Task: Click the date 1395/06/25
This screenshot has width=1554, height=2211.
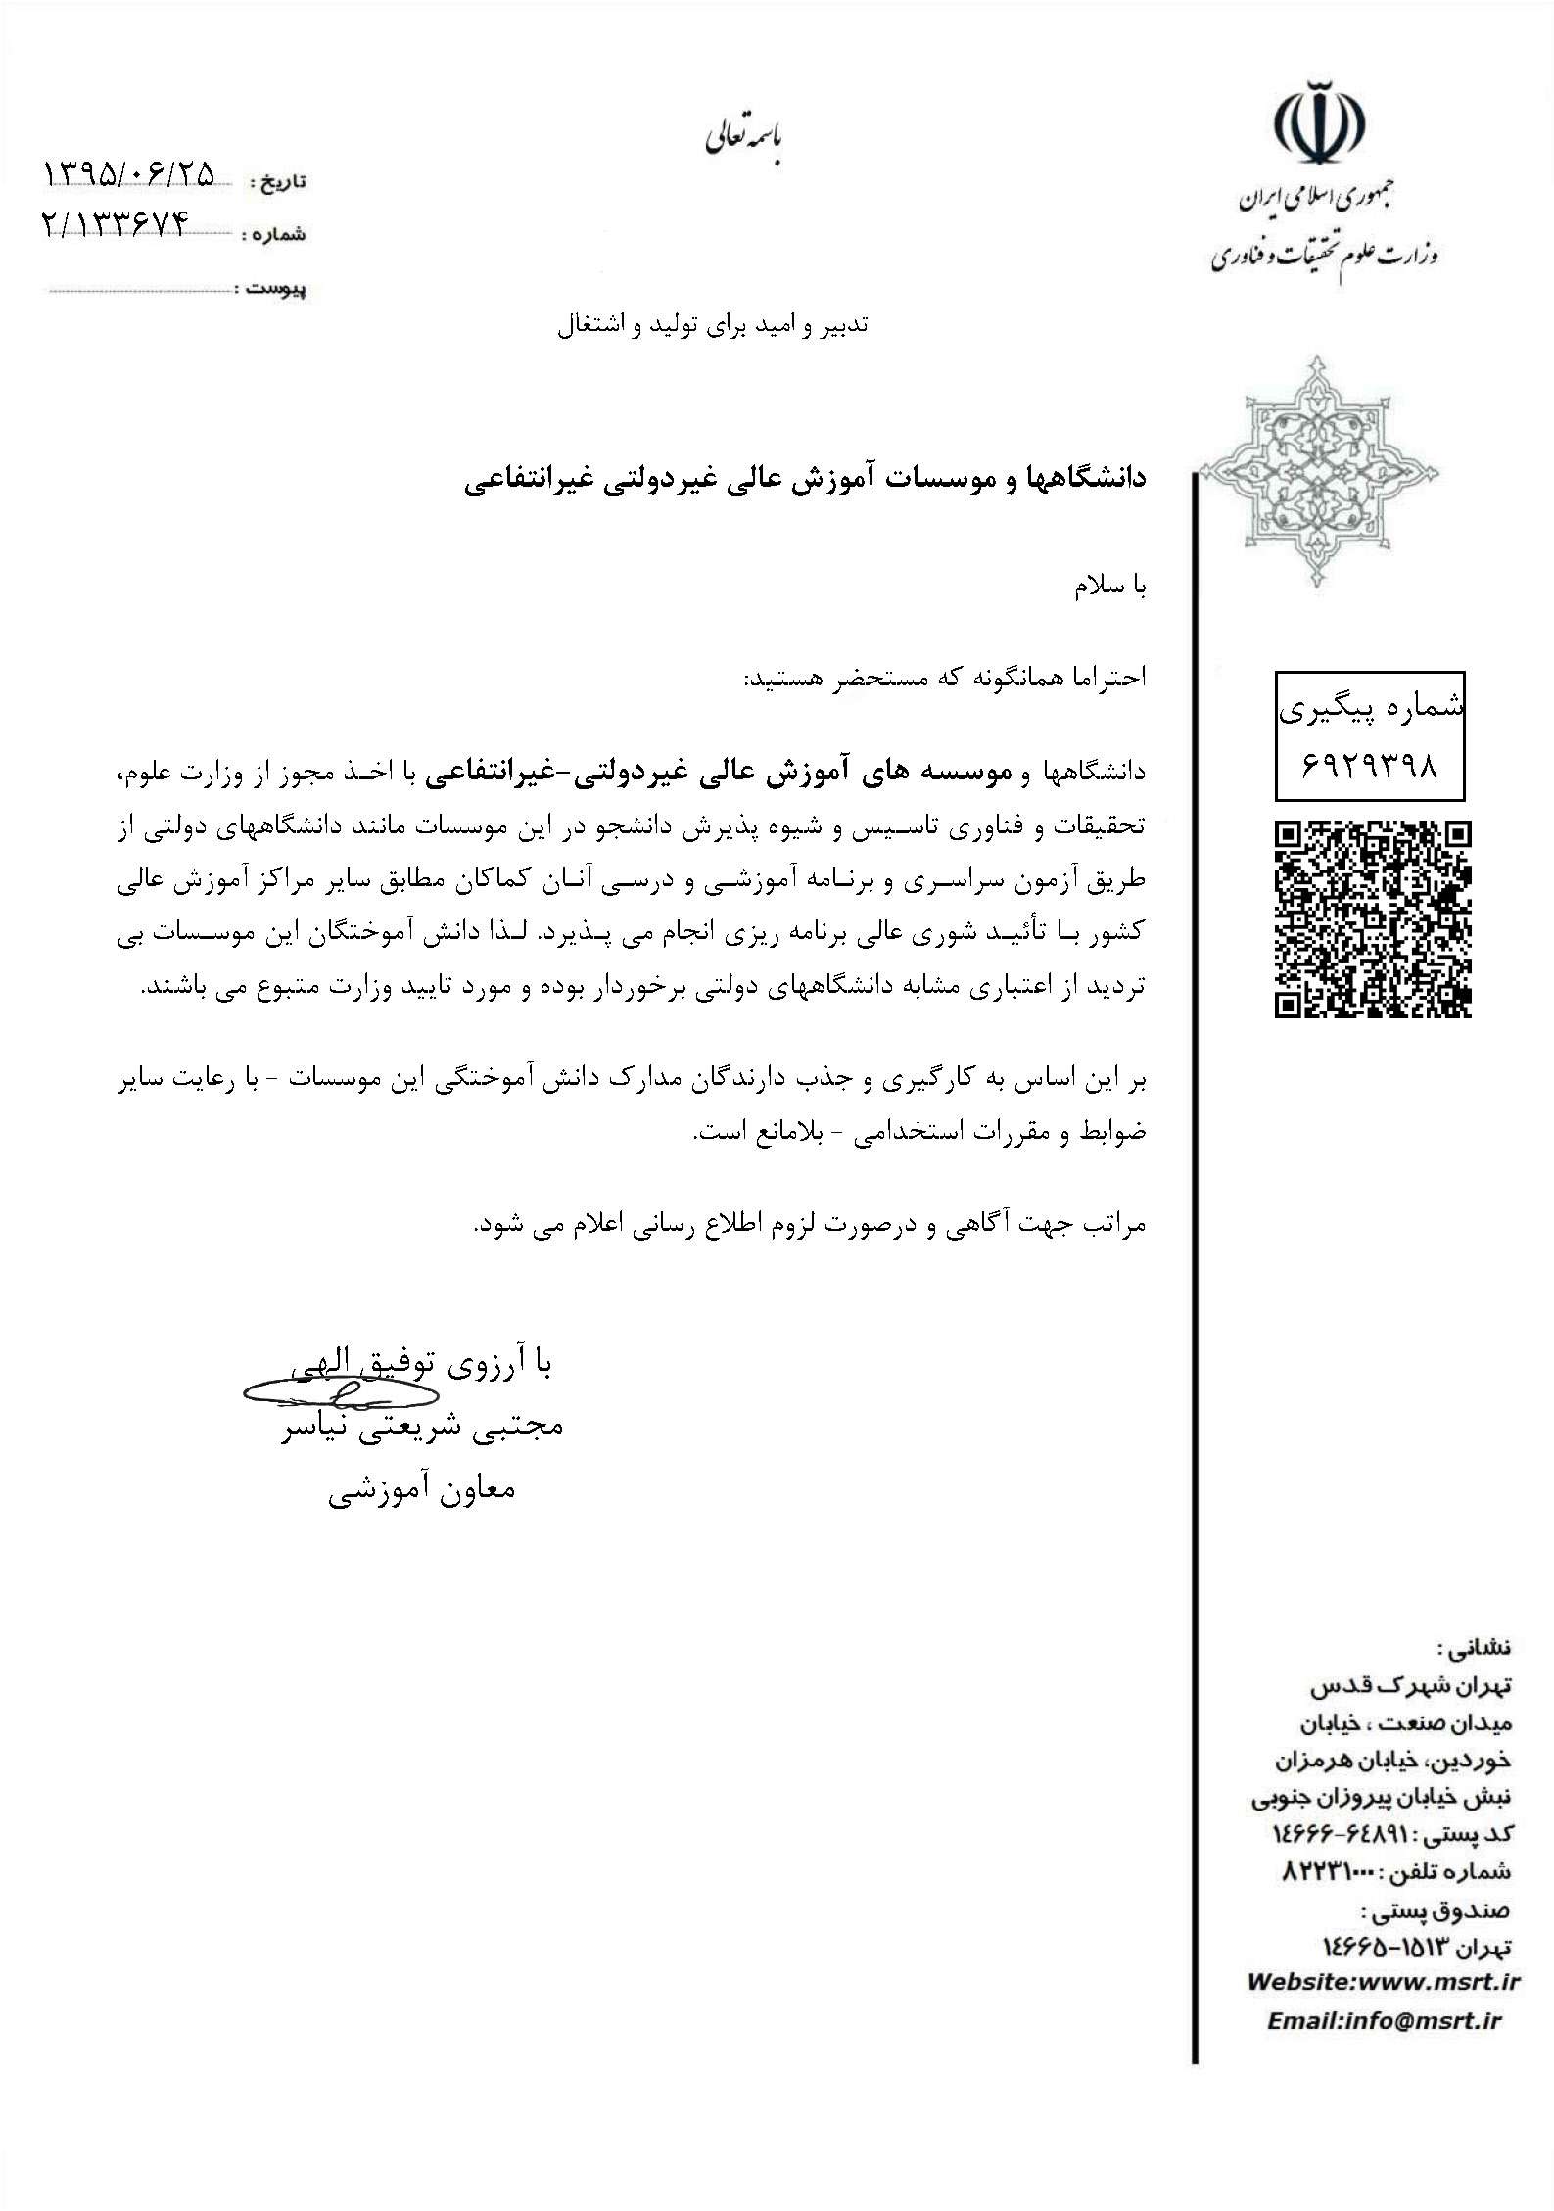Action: point(129,174)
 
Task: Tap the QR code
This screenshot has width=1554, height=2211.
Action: point(1373,919)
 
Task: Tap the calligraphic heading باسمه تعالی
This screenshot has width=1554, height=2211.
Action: point(745,139)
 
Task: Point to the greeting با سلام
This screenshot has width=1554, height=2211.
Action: point(1110,588)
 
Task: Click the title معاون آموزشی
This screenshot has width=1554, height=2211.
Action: point(421,1489)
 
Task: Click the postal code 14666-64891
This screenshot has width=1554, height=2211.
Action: point(1338,1832)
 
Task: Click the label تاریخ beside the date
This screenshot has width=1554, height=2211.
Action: point(279,182)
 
